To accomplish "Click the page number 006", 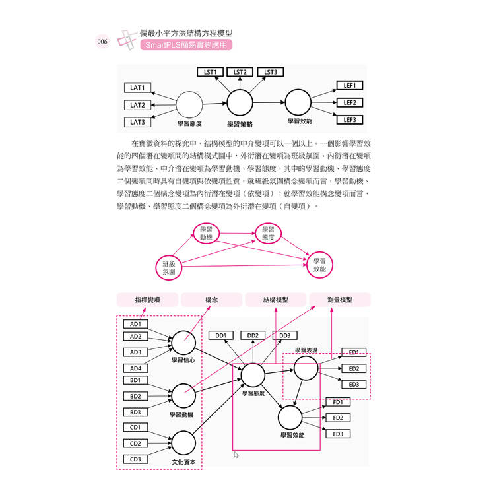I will coord(102,42).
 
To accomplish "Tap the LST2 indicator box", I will coord(240,72).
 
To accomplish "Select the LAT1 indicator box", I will coord(137,88).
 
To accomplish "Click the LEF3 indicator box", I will coord(349,120).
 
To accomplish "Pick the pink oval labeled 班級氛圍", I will coord(168,267).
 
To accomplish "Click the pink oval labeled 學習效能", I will coord(319,265).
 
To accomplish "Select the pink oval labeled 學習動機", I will coord(206,233).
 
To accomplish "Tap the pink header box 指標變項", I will coord(147,300).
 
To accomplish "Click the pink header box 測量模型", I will coord(339,300).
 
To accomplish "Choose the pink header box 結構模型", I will coord(276,300).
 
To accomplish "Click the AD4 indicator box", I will coord(135,368).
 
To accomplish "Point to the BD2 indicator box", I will coord(135,396).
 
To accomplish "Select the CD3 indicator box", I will coord(135,459).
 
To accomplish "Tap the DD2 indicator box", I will coord(253,335).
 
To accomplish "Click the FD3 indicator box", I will coord(337,434).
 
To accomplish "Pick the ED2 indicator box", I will coord(354,369).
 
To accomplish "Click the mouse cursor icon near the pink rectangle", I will coord(236,455).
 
